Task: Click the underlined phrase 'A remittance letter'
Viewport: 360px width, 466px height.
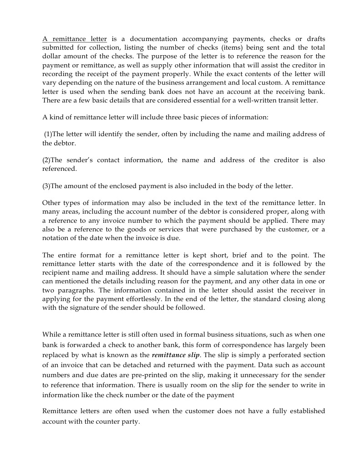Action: [75, 39]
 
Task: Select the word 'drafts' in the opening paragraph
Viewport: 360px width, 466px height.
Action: [315, 39]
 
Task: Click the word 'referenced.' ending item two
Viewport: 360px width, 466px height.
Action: [60, 169]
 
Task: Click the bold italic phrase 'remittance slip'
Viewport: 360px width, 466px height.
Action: [176, 355]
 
